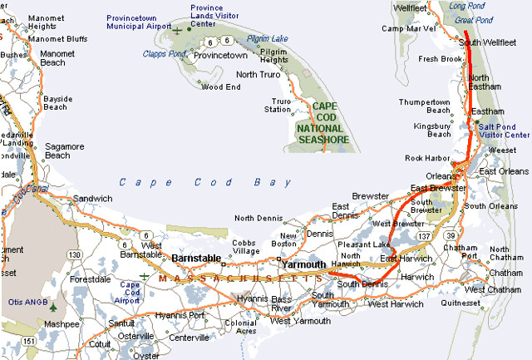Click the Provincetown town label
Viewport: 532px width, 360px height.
[220, 55]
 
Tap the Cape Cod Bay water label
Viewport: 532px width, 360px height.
[204, 182]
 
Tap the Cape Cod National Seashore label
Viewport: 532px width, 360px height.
[324, 123]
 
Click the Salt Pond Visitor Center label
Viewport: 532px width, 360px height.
[504, 130]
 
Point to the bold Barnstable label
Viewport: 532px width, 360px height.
[196, 259]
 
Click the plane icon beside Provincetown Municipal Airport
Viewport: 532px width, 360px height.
[176, 30]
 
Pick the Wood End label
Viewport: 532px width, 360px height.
[221, 86]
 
